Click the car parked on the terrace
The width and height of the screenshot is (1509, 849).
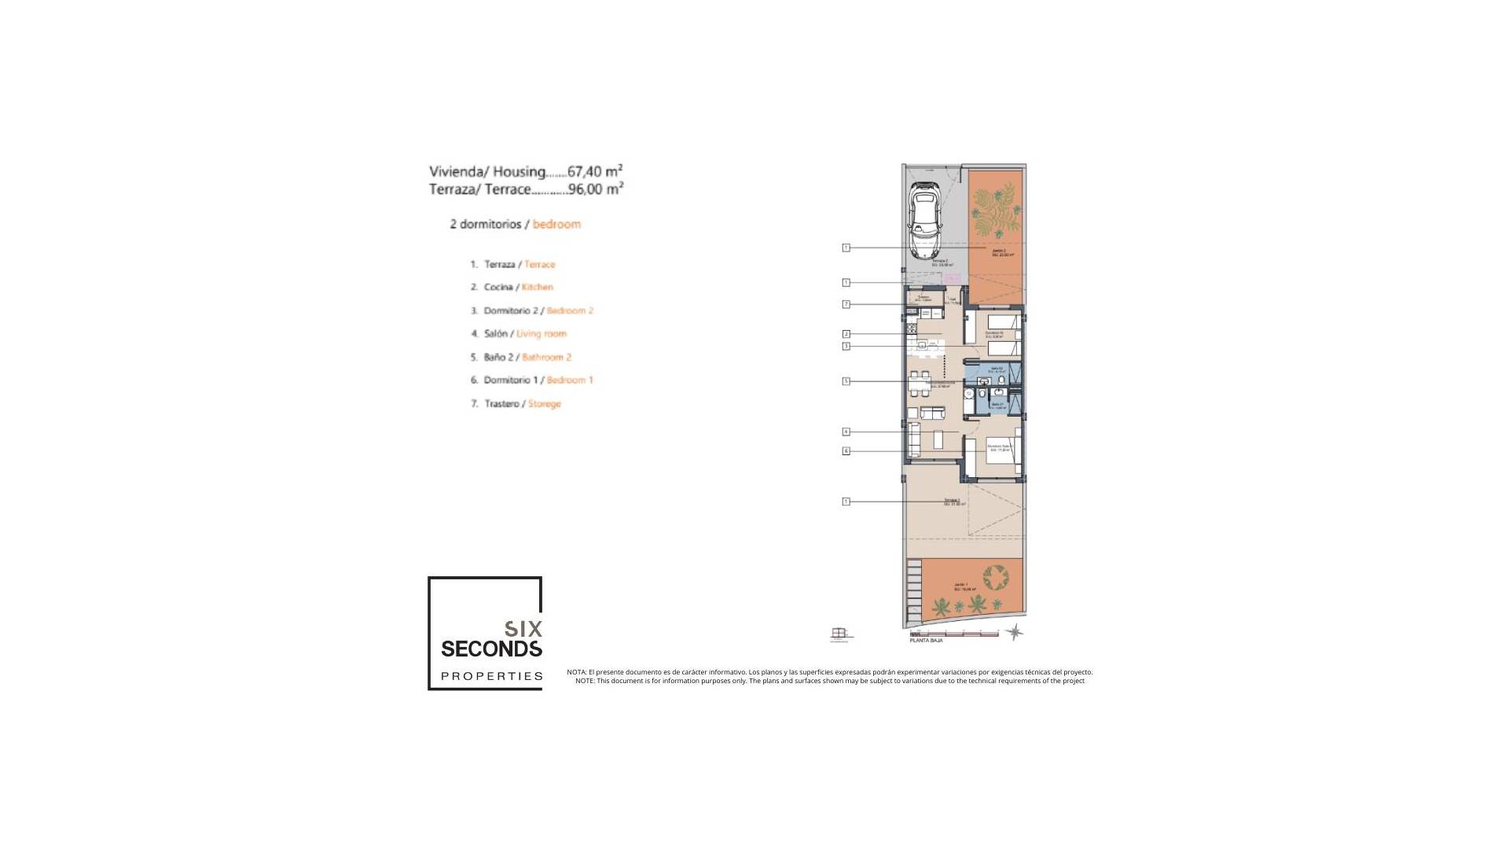[926, 220]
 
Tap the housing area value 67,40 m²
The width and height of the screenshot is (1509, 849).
[595, 171]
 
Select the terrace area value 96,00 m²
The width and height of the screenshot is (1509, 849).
[595, 189]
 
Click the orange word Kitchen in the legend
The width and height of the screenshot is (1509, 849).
[538, 287]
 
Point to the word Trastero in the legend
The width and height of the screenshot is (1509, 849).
[501, 403]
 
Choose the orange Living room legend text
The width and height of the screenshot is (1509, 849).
[541, 333]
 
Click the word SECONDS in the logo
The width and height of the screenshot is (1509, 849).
[491, 649]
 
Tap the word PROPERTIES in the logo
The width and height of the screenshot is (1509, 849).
[491, 676]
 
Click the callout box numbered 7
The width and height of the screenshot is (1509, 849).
[846, 304]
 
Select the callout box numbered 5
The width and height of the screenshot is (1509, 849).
[846, 381]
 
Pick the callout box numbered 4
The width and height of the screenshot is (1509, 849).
[846, 432]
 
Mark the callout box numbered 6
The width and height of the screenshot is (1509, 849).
[846, 451]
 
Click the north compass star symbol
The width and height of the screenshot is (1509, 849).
[1015, 631]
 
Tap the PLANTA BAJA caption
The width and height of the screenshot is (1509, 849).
[926, 641]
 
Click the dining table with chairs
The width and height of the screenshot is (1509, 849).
[920, 384]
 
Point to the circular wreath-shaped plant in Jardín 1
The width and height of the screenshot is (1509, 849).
[996, 578]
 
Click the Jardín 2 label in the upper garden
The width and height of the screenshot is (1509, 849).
[999, 252]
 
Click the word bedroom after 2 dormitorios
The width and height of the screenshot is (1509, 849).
[556, 224]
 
